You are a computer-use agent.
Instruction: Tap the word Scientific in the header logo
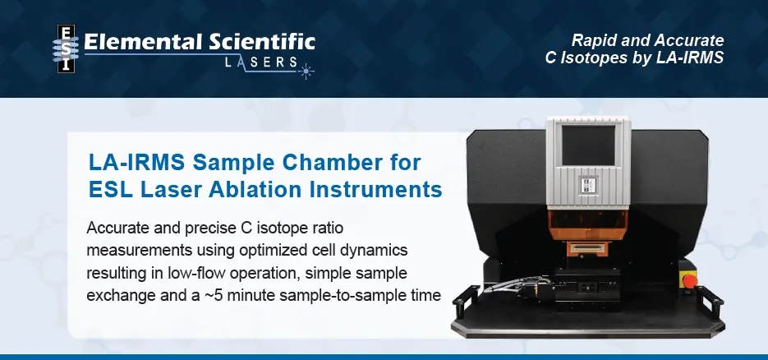(x=259, y=43)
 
